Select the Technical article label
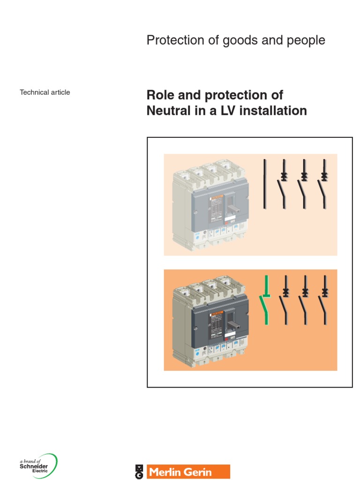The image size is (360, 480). point(45,92)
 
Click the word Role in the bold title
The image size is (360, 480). point(160,95)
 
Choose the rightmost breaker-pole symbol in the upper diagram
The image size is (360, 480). point(324,184)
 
